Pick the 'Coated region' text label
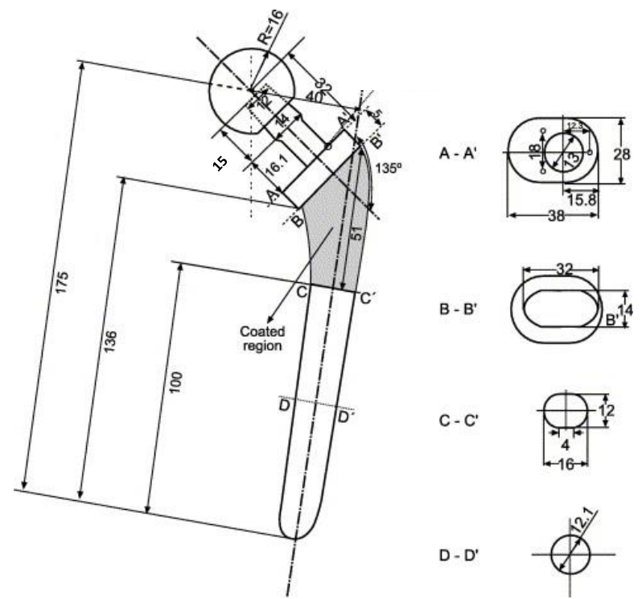(261, 338)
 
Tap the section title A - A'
(459, 154)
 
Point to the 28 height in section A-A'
(627, 153)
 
